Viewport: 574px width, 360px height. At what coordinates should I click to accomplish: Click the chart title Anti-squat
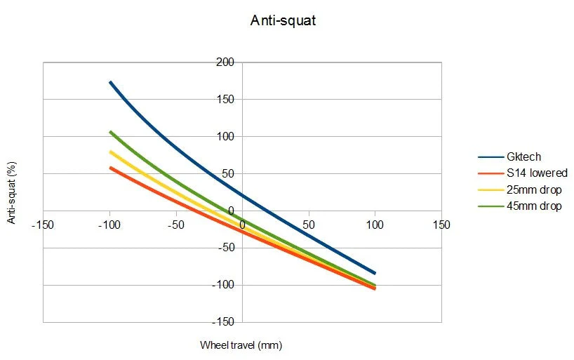click(x=283, y=20)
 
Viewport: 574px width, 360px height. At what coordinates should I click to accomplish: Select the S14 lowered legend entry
click(x=535, y=173)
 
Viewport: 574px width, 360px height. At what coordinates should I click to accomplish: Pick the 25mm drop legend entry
click(x=533, y=190)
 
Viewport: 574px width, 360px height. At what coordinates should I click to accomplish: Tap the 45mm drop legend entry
click(x=533, y=206)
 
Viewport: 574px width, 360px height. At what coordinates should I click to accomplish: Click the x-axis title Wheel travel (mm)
click(x=241, y=345)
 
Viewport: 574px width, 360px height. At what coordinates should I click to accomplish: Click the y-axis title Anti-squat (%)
click(x=12, y=192)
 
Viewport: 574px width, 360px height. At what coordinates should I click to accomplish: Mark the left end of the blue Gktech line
click(x=110, y=82)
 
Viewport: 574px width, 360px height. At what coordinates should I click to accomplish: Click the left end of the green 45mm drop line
click(x=110, y=132)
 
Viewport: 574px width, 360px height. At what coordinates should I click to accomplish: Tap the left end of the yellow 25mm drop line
click(x=110, y=152)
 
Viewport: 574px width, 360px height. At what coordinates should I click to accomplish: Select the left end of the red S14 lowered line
click(x=110, y=168)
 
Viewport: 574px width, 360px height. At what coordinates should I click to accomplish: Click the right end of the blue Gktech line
click(x=375, y=273)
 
